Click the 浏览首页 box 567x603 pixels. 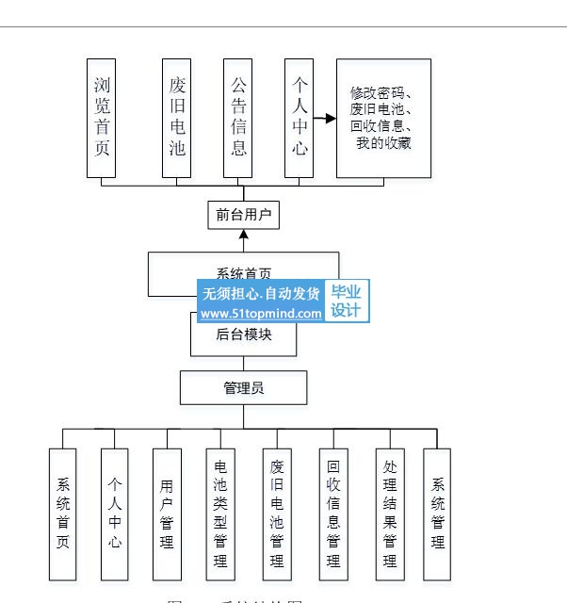tap(101, 118)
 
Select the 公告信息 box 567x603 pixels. tap(238, 118)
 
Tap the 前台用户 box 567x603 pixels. tap(244, 215)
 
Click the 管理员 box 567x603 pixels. tap(243, 387)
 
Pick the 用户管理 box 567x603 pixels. tap(167, 513)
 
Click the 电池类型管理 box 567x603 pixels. tap(220, 513)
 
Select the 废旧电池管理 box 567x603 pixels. tap(277, 513)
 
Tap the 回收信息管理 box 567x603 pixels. tap(333, 513)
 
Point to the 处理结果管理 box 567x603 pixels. tap(390, 513)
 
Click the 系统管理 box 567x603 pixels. tap(438, 513)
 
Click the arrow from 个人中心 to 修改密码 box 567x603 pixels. tap(324, 119)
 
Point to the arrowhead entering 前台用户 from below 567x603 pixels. tap(244, 234)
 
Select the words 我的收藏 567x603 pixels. tap(383, 143)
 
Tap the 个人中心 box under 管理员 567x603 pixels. tap(115, 513)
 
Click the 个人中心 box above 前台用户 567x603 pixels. tap(300, 118)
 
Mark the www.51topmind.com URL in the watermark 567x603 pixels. tap(261, 314)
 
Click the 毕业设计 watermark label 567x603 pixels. tap(346, 301)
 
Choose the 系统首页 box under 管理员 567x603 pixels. tap(63, 513)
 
